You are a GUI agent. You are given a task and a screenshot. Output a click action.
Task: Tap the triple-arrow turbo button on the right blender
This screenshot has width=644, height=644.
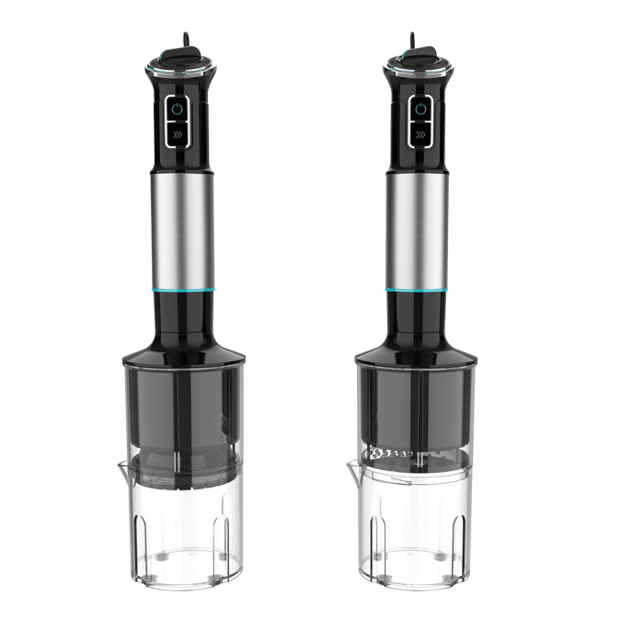(x=420, y=136)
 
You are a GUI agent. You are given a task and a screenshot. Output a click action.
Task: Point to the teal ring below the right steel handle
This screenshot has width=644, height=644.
(x=419, y=289)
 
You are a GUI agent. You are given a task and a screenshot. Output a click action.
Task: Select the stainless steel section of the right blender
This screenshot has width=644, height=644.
(x=419, y=230)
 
